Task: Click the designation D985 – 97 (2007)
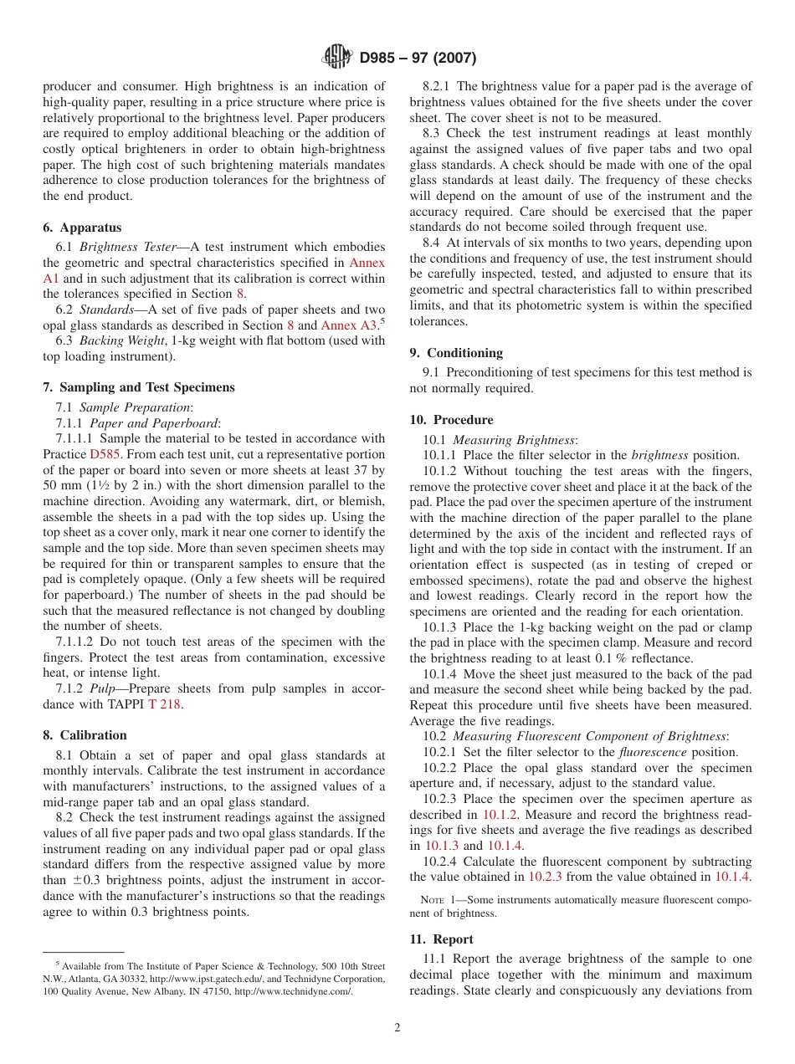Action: (418, 58)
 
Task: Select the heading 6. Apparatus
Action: (82, 228)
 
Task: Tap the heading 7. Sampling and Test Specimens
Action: (138, 387)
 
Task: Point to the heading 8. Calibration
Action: (85, 735)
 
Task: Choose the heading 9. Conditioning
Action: (456, 353)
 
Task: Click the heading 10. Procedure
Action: (451, 420)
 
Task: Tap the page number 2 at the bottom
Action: (397, 1028)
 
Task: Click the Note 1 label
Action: (435, 900)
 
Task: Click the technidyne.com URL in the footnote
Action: (293, 991)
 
